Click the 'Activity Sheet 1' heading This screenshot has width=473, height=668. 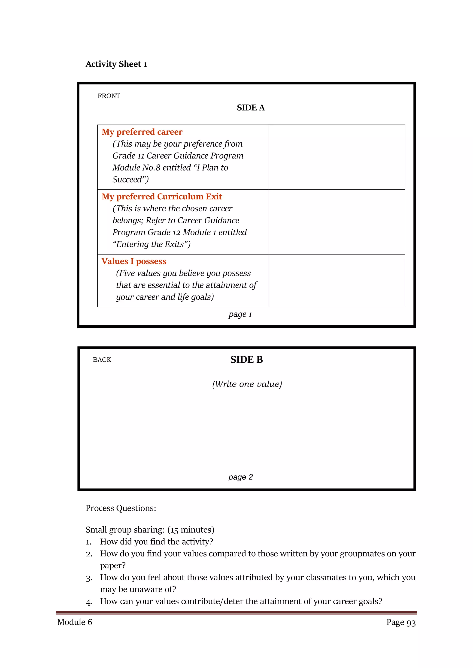(116, 64)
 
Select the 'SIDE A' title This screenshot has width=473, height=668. (251, 108)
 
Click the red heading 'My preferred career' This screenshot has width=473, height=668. (142, 132)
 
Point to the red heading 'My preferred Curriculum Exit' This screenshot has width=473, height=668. (162, 197)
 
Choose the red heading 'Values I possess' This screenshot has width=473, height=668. (134, 261)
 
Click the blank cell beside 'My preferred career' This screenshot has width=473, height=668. (337, 157)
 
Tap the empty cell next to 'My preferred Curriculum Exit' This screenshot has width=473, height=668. (337, 222)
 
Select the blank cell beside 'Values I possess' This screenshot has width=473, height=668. (337, 280)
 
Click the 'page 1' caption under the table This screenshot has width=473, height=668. (240, 314)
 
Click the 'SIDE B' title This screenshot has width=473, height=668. (246, 359)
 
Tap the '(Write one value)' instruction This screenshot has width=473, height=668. (247, 384)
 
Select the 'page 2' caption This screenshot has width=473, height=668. (241, 477)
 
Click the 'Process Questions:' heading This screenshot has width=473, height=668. (121, 508)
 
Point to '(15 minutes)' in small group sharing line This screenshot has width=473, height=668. (191, 530)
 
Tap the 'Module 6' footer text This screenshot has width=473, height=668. (75, 622)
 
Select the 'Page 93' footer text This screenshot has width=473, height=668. (401, 622)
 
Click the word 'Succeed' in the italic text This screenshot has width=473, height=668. (128, 180)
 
